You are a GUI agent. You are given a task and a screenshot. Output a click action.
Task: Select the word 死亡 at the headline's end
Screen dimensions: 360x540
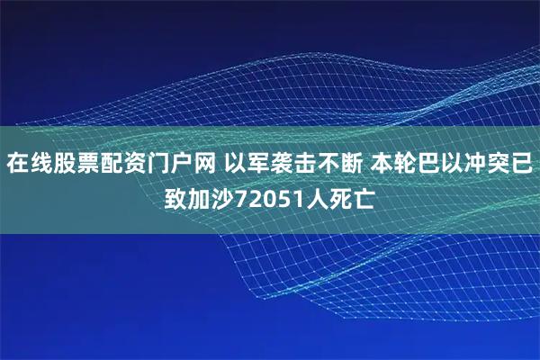pyautogui.click(x=353, y=195)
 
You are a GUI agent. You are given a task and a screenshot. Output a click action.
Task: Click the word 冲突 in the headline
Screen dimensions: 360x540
pyautogui.click(x=487, y=165)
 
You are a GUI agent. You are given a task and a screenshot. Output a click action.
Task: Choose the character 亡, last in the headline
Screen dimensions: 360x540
pyautogui.click(x=364, y=195)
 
